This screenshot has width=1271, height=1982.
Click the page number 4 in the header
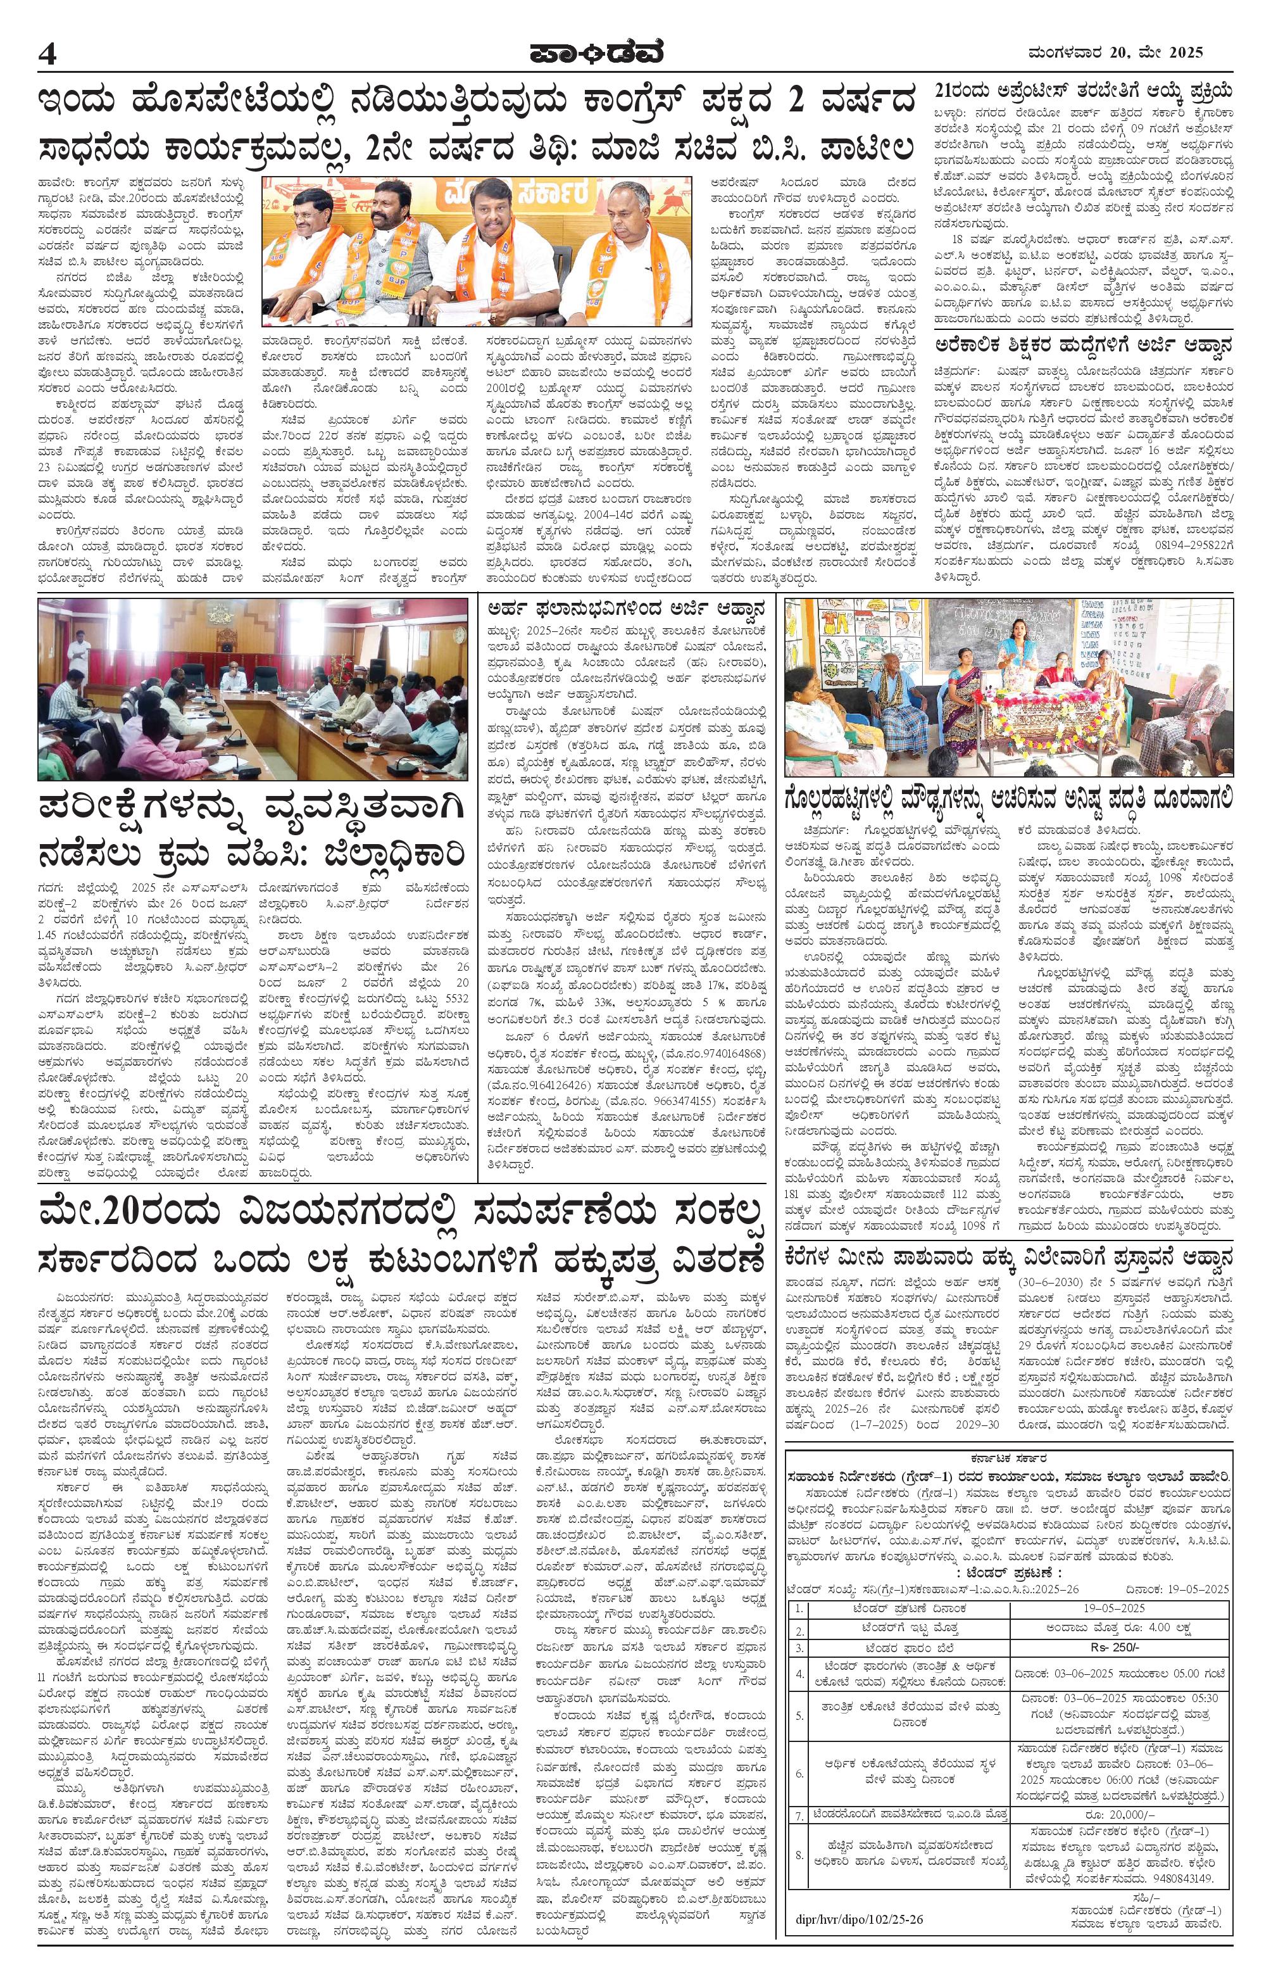48,54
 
